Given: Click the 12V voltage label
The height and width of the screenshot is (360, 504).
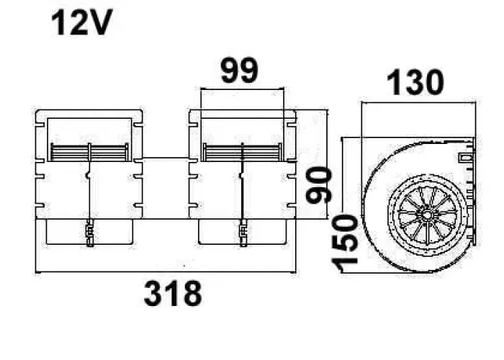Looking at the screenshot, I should pos(81,24).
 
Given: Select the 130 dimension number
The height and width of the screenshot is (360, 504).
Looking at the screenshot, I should pos(415,84).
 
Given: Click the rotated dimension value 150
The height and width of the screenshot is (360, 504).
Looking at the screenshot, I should pos(347,242).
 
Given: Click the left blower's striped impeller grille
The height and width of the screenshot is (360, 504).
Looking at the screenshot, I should pos(88,153).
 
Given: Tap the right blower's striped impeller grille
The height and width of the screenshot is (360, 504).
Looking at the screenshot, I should pos(242,153).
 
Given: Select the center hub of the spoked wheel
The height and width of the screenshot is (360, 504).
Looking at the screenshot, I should pos(425,214).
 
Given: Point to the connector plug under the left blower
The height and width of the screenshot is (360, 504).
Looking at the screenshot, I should pos(89,234).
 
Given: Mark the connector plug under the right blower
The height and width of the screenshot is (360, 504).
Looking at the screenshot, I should pos(243,234).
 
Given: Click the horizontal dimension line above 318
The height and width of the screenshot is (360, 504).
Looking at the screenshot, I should pos(166,272).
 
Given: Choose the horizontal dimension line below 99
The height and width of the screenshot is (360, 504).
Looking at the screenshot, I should pos(242,90).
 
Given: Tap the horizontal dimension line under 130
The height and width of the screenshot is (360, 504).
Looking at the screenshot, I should pos(418,102).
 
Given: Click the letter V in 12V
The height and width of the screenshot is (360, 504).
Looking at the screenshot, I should pos(101,24).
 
